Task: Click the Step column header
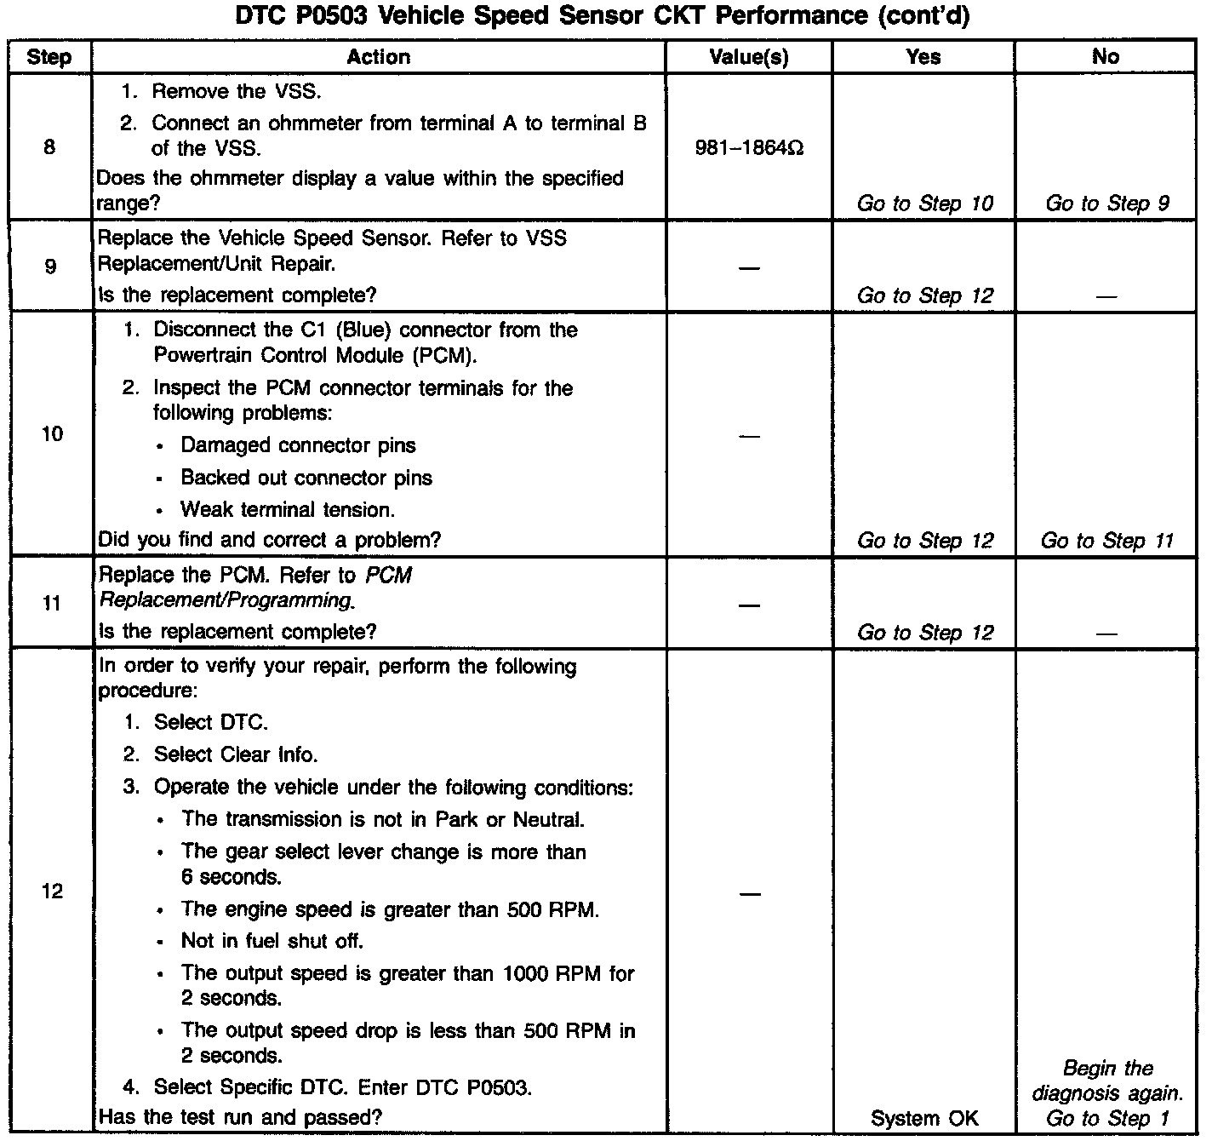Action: (x=49, y=57)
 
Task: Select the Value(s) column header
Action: (x=749, y=57)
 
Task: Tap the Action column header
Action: (x=379, y=57)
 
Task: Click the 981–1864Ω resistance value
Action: (x=749, y=149)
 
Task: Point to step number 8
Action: (x=49, y=147)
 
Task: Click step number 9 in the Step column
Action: (x=50, y=267)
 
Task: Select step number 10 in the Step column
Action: (x=52, y=434)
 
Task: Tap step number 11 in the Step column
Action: (x=52, y=604)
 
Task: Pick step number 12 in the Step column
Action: (x=52, y=892)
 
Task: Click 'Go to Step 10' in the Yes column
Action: (x=924, y=204)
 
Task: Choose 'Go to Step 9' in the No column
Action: (x=1106, y=204)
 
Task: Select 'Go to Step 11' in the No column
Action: (x=1106, y=541)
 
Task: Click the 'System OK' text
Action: (x=924, y=1118)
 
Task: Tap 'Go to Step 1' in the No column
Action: (x=1106, y=1118)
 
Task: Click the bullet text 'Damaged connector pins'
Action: (x=298, y=445)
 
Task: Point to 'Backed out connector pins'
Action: (x=306, y=478)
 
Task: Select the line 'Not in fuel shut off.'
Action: (x=272, y=941)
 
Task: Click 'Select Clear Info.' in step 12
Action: (x=235, y=754)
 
